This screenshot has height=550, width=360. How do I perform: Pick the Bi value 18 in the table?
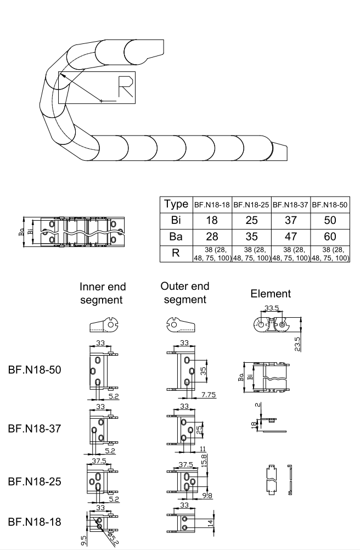pyautogui.click(x=212, y=221)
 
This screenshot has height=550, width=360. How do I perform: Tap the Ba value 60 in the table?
pyautogui.click(x=331, y=237)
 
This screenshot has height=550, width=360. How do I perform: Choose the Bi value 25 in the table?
pyautogui.click(x=252, y=221)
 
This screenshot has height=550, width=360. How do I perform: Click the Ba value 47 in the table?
pyautogui.click(x=291, y=237)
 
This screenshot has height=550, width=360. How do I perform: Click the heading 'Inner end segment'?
pyautogui.click(x=103, y=294)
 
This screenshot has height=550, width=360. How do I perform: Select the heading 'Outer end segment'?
pyautogui.click(x=184, y=293)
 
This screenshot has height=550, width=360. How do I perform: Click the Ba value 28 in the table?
pyautogui.click(x=212, y=237)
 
